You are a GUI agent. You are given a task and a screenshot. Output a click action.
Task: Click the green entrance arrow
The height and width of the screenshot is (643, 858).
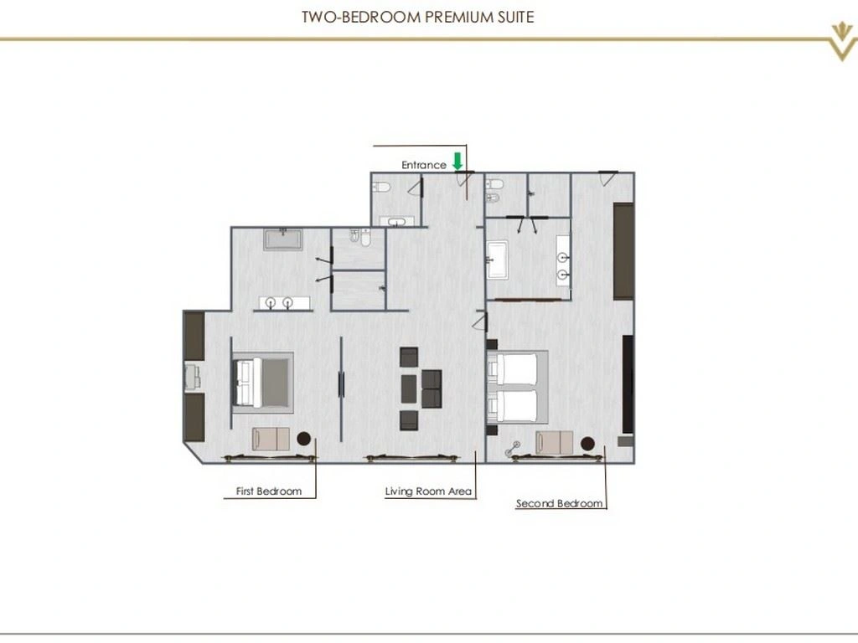coord(457,160)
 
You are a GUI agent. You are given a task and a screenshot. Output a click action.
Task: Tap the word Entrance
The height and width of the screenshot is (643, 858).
coord(424,166)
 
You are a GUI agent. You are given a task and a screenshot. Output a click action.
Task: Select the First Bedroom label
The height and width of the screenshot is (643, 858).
coord(269,491)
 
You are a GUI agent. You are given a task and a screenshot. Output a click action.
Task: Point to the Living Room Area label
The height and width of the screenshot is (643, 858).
coord(429,491)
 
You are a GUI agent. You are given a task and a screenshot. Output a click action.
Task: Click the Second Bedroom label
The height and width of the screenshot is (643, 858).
coord(559,503)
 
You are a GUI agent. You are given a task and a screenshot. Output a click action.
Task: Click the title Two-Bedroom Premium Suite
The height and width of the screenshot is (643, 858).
coord(417,17)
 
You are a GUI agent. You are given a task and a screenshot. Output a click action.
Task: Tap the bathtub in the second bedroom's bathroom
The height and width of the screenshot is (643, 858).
coord(497,258)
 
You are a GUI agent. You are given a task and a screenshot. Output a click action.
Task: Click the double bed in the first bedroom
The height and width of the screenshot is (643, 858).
coord(262,382)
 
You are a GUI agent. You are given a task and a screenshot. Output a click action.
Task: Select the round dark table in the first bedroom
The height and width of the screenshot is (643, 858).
coord(302,438)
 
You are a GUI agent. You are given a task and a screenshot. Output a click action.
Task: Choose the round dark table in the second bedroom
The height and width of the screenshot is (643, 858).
coord(587,443)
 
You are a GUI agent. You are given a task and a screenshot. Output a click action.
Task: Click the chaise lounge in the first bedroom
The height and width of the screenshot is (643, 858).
coord(271,439)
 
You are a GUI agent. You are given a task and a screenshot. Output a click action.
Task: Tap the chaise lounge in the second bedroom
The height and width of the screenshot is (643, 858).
coord(555,443)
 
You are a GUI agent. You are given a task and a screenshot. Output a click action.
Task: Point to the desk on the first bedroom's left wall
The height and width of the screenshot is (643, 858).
coord(192,376)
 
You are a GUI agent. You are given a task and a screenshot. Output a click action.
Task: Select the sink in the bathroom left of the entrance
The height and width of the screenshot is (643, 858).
coord(397,222)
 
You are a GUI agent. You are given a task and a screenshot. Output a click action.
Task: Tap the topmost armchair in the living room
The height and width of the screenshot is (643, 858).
coord(410,358)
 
